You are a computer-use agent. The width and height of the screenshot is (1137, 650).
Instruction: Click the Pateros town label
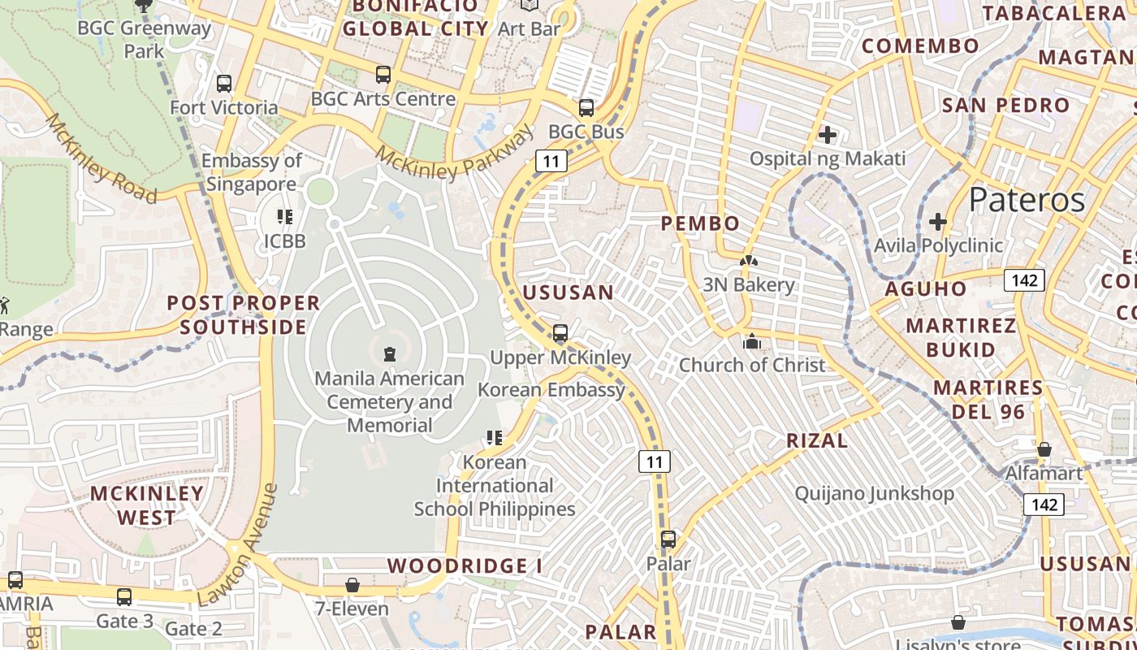1027,199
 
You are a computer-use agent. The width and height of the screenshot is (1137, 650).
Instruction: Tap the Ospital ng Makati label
827,158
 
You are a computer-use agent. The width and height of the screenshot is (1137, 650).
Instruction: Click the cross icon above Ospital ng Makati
828,134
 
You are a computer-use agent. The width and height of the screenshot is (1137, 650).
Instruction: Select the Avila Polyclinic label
938,245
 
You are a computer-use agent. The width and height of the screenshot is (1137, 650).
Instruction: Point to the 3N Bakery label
748,284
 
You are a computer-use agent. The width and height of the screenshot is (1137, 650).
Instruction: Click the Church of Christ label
752,365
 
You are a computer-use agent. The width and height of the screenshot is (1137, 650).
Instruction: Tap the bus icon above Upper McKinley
560,333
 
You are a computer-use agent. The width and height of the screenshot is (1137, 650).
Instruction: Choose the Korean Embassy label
551,389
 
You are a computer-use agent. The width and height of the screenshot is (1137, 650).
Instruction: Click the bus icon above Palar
668,539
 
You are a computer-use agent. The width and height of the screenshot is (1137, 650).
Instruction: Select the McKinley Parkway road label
456,152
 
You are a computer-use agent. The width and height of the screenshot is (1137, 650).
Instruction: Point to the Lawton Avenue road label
238,545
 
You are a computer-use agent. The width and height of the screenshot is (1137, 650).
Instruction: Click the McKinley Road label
100,158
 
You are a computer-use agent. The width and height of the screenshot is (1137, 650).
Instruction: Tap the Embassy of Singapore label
252,172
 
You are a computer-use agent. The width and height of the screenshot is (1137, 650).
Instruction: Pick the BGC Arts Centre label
383,99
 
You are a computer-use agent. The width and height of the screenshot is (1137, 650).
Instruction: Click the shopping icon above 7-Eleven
352,585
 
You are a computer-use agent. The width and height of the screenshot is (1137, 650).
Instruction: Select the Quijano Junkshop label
874,493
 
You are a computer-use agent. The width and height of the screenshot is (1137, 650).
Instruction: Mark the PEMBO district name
700,223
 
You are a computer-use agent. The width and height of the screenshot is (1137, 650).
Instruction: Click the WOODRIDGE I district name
465,565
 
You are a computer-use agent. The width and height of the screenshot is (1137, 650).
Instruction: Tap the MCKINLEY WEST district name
146,505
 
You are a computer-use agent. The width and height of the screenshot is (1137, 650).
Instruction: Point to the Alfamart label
1044,473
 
